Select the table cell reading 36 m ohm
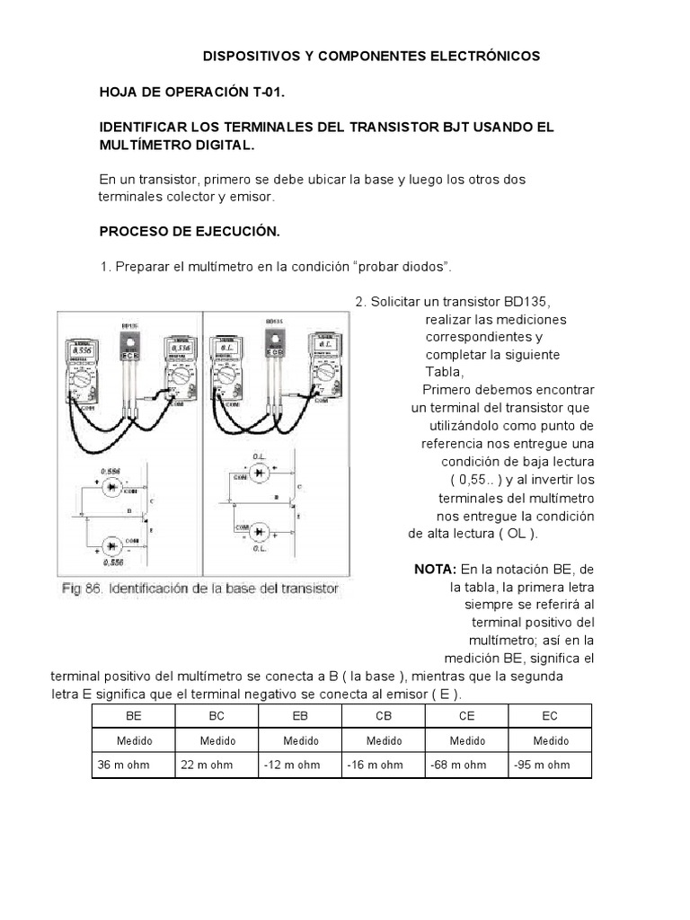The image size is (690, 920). click(124, 765)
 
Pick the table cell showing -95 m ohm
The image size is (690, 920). click(542, 765)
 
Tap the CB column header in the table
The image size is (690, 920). click(383, 715)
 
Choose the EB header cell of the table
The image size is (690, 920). click(300, 715)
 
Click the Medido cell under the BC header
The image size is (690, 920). click(217, 741)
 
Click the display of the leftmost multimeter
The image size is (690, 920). click(81, 350)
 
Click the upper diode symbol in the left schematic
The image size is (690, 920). click(112, 488)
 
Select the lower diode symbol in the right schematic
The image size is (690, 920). click(261, 530)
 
